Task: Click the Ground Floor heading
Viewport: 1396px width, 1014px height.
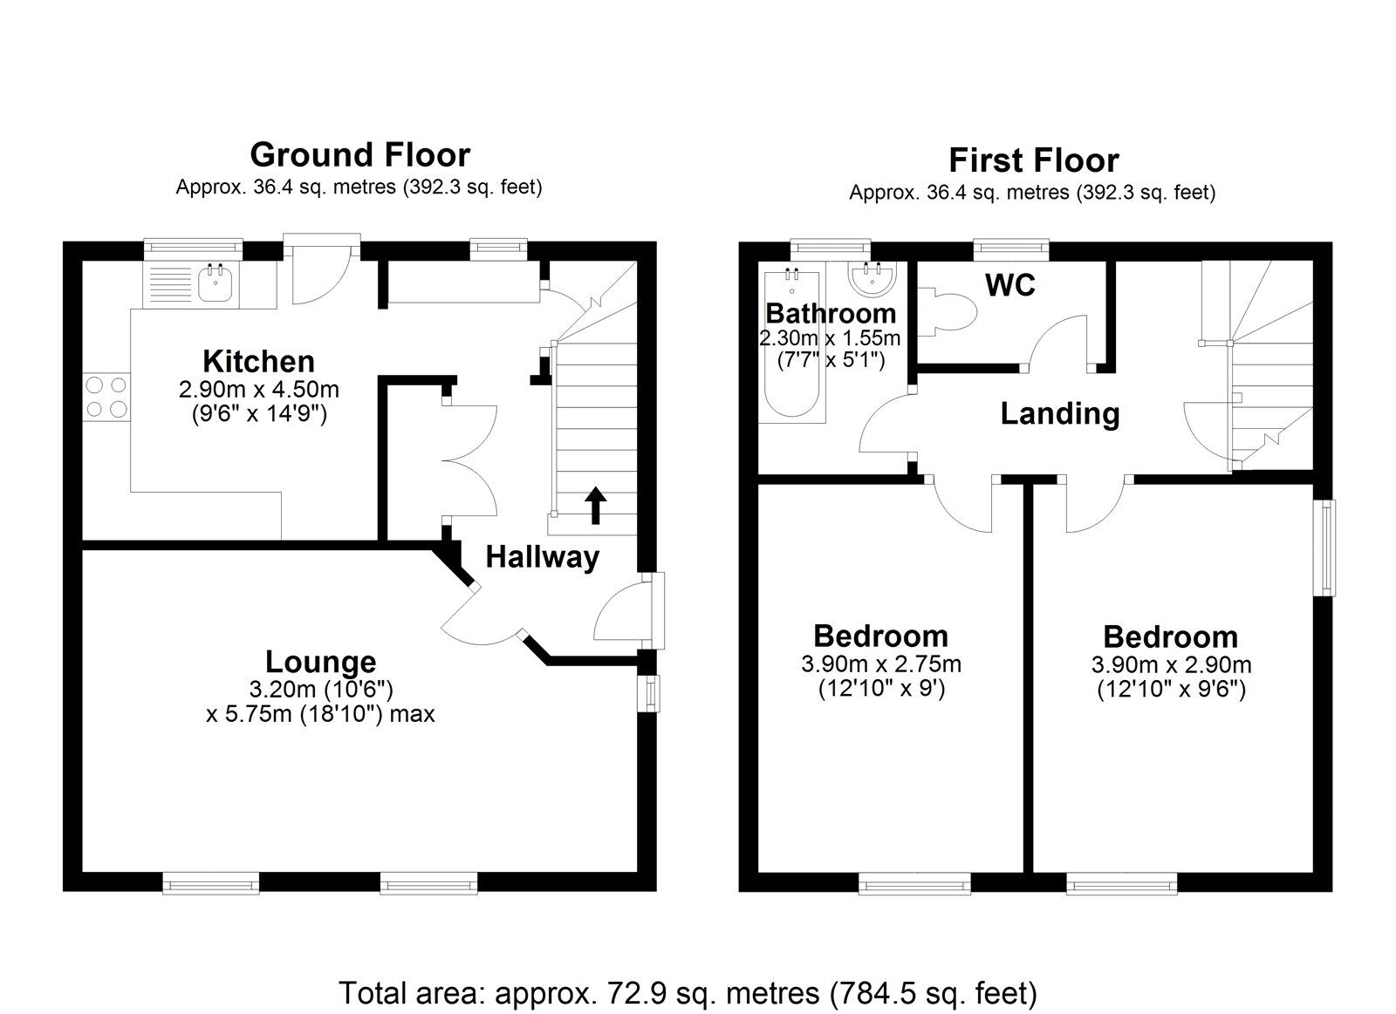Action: (359, 155)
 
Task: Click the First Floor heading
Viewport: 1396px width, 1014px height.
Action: (1033, 160)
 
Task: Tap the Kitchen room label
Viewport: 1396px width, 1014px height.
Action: (258, 361)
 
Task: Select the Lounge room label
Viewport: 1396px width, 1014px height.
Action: (320, 663)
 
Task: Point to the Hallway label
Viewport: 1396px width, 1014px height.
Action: (542, 557)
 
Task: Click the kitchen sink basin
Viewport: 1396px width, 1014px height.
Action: (213, 283)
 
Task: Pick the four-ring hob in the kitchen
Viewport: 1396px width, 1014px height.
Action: (106, 397)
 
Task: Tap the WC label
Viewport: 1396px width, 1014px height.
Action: (1009, 284)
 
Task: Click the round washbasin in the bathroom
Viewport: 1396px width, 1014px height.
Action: (872, 281)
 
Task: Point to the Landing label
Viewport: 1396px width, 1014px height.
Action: (1059, 413)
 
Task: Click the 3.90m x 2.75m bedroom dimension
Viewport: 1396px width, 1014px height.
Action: (881, 664)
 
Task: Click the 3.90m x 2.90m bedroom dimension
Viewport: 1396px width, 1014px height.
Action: (1171, 665)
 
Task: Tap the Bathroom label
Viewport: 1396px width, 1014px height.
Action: (830, 313)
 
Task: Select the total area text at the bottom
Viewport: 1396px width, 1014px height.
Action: (688, 992)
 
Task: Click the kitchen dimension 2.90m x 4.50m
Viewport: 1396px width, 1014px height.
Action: (258, 389)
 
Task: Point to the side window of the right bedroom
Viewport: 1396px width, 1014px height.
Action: (1326, 547)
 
